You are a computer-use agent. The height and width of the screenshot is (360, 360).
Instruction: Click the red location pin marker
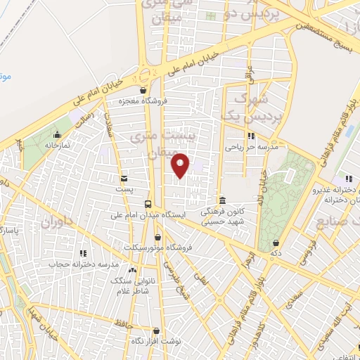coord(181,165)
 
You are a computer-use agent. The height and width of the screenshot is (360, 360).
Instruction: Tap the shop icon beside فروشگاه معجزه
coord(143,90)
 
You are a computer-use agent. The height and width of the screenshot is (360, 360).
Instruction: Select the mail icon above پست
coord(124,178)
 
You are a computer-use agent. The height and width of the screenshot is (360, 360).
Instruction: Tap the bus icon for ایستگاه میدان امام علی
coord(147,204)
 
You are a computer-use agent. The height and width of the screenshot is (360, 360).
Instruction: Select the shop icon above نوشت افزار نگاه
coord(156,330)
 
